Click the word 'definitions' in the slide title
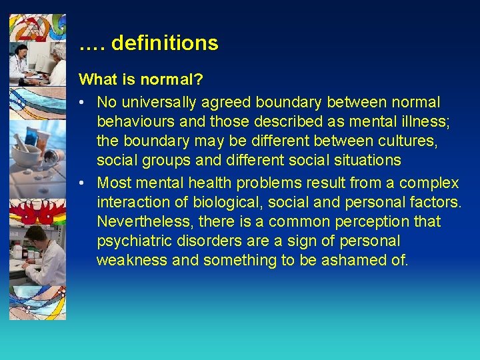(165, 43)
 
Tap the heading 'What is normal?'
(141, 79)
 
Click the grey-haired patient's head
(59, 51)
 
